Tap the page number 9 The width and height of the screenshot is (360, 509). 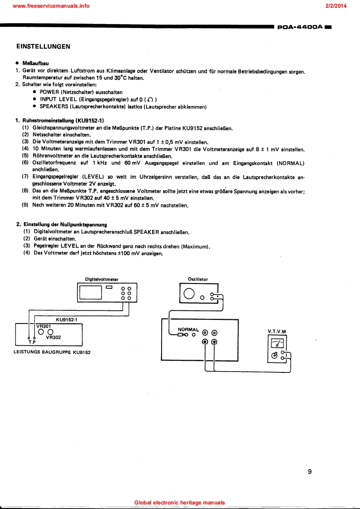click(x=310, y=471)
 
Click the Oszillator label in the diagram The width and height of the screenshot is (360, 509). click(x=198, y=279)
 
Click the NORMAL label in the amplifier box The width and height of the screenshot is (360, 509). click(x=188, y=330)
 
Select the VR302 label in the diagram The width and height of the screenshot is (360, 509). click(x=54, y=338)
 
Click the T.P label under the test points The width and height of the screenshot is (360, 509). click(x=32, y=343)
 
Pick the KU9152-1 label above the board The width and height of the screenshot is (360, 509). click(x=67, y=319)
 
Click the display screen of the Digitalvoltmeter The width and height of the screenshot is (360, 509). click(x=91, y=293)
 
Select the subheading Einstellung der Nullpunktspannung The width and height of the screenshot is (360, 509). click(x=64, y=224)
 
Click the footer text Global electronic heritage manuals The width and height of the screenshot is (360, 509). click(x=180, y=503)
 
